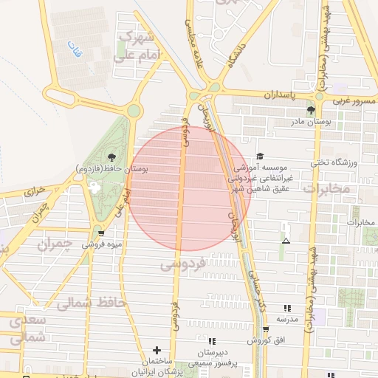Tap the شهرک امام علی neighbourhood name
point(134,47)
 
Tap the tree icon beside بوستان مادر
point(310,109)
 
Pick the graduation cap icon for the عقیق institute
point(259,156)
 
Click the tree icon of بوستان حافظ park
point(111,157)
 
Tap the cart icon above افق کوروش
point(266,329)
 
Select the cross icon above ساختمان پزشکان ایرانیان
point(156,350)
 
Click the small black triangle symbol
point(286,241)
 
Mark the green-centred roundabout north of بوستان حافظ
point(134,111)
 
